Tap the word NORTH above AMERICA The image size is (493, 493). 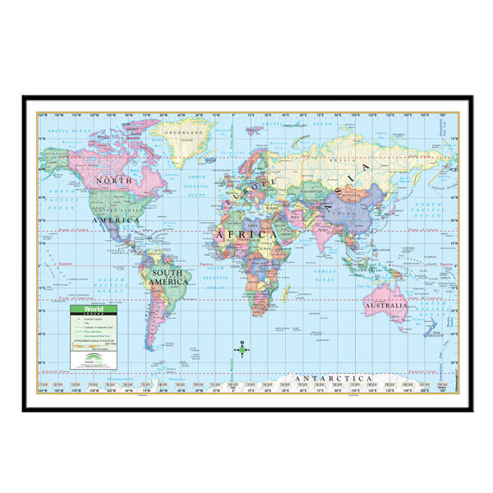coord(113,180)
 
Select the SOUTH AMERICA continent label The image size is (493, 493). coord(168,276)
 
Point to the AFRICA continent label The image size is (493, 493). coord(246,235)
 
